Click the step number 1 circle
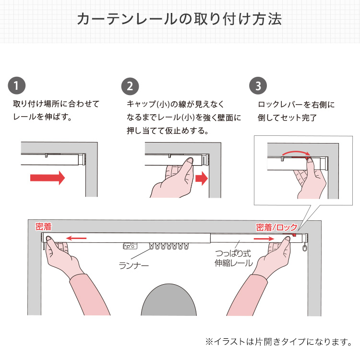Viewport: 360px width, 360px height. click(x=16, y=85)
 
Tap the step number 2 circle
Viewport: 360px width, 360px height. click(x=130, y=86)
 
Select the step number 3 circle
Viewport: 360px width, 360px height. click(x=258, y=85)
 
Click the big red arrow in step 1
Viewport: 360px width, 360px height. click(x=48, y=178)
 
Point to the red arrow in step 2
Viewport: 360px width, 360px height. click(x=202, y=179)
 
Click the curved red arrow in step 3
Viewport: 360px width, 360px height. click(x=296, y=153)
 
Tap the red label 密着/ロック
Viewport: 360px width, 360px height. click(x=276, y=228)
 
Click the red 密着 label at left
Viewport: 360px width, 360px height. click(x=43, y=227)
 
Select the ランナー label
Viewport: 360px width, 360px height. click(x=134, y=265)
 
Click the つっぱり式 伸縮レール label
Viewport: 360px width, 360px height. click(x=234, y=258)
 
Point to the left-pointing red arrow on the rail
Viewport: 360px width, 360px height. click(x=76, y=238)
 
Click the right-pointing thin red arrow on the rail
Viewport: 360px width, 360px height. click(x=264, y=239)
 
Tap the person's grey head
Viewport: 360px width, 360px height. click(x=169, y=300)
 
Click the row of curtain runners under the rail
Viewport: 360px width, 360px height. click(x=169, y=246)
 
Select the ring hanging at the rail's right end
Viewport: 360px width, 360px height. click(x=305, y=248)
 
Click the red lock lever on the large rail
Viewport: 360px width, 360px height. click(x=294, y=235)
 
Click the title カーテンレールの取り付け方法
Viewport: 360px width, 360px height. click(x=180, y=19)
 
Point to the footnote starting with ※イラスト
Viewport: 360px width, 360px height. click(x=279, y=342)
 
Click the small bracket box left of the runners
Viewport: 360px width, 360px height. click(x=130, y=246)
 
